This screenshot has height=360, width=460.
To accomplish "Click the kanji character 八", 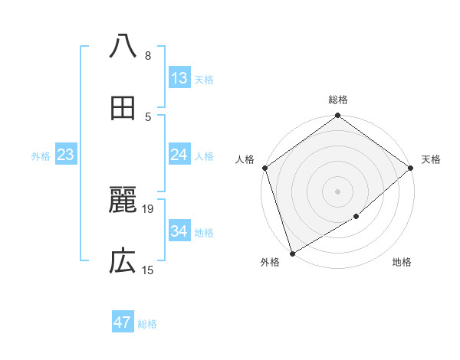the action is click(x=123, y=47).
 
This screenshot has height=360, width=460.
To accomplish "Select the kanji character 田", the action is click(x=123, y=109).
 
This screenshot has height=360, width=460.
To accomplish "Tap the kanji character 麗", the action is click(x=123, y=201).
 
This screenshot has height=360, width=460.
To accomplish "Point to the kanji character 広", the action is click(x=123, y=263).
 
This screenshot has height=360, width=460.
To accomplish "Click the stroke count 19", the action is click(x=148, y=208).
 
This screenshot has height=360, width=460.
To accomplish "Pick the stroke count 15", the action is click(x=148, y=270).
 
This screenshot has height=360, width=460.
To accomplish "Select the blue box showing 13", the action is click(x=179, y=78).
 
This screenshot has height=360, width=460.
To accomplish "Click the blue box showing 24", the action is click(x=179, y=155).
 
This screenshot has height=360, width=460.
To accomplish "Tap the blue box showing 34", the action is click(x=179, y=231).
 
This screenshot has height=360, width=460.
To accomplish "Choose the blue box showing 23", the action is click(x=66, y=155).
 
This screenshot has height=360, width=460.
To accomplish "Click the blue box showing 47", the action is click(x=123, y=322).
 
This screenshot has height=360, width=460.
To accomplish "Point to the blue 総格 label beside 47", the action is click(x=147, y=324).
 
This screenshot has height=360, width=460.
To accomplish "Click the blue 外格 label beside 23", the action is click(x=41, y=156).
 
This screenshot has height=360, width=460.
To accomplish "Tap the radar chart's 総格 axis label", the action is click(x=338, y=100).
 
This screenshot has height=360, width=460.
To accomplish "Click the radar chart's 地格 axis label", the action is click(x=402, y=263).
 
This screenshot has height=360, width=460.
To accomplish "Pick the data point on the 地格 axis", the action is click(x=356, y=217).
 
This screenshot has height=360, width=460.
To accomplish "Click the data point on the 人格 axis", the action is click(x=264, y=168).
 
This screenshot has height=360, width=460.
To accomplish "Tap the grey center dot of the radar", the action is click(x=338, y=191).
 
